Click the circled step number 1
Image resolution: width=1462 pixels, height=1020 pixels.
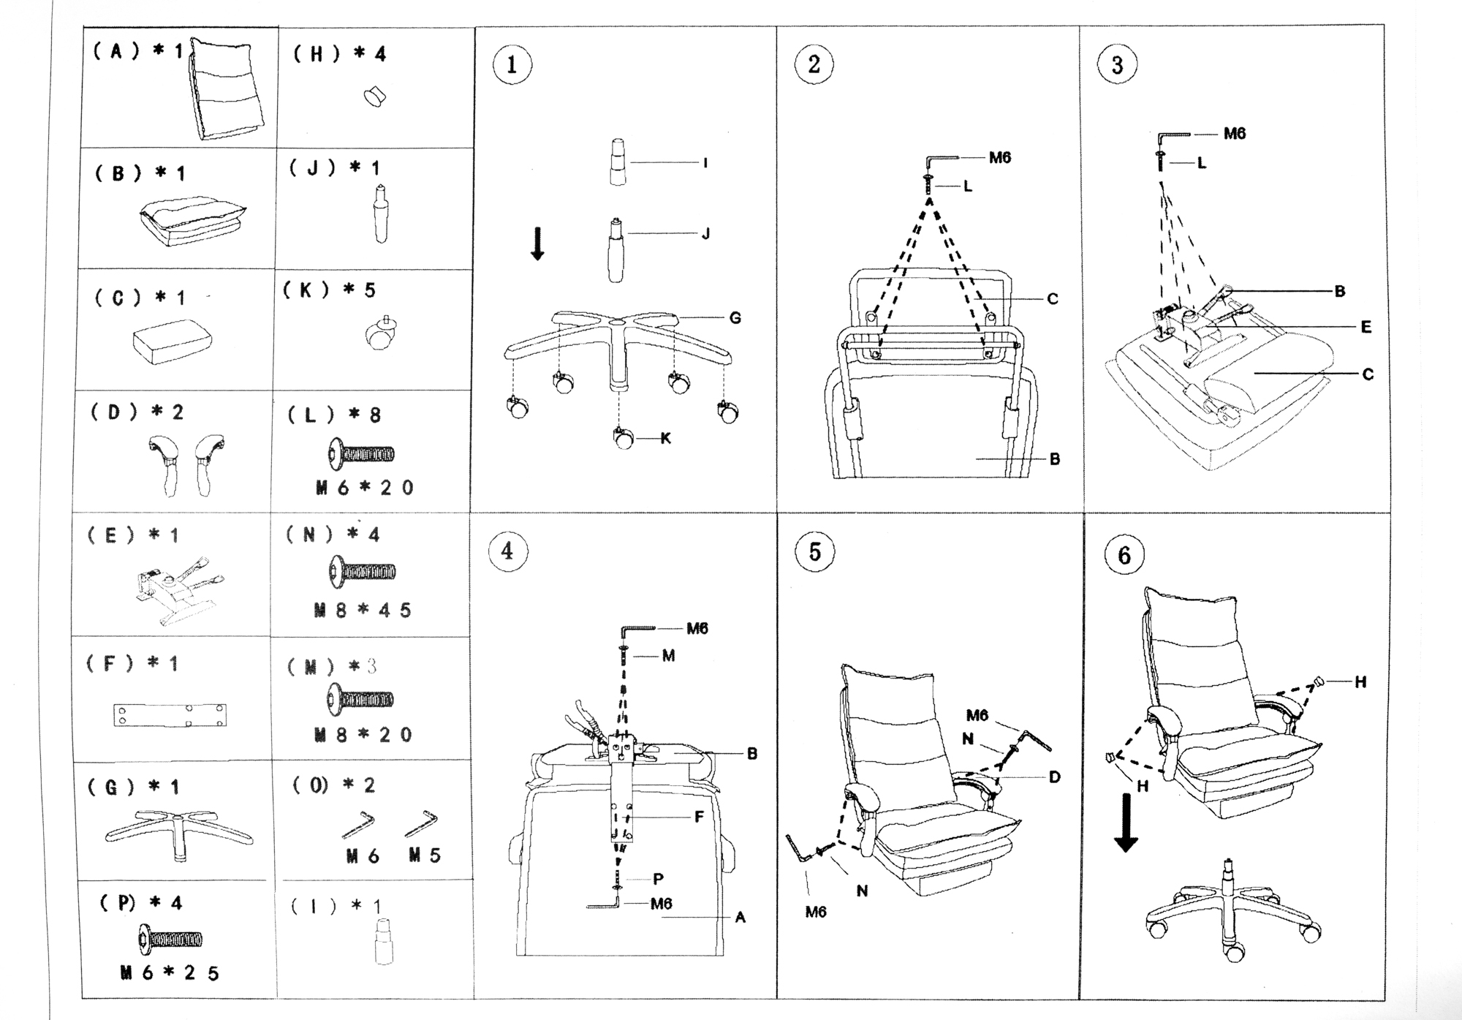511,64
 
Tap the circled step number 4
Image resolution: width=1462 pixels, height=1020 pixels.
507,551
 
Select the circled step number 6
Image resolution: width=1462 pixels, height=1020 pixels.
1124,555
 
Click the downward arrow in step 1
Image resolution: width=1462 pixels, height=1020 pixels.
537,243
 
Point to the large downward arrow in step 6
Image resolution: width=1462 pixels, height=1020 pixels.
1126,823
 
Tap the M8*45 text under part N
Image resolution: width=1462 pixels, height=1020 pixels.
363,610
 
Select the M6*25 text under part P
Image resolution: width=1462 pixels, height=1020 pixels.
170,973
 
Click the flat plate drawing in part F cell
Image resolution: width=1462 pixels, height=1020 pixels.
170,716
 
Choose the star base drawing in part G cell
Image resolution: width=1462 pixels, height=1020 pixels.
178,833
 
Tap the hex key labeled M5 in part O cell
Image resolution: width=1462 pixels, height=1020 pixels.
421,823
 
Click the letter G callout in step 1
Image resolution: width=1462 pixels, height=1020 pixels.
735,318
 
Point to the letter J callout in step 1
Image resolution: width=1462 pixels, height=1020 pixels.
705,234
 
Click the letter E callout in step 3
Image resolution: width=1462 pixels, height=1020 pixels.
1366,327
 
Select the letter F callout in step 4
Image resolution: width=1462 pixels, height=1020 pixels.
699,817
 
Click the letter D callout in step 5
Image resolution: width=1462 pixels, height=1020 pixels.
1054,777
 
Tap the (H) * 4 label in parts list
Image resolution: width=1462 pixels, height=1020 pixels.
339,54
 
